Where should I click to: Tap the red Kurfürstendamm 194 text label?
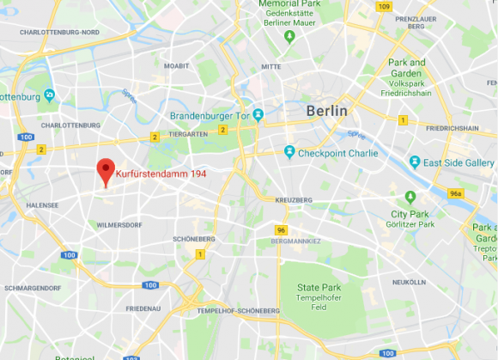click(161, 173)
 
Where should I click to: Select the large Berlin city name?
click(327, 111)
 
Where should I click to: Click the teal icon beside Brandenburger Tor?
click(258, 114)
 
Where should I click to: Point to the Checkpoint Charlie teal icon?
click(290, 152)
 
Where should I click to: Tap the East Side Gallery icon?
click(416, 162)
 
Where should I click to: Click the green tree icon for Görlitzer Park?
click(410, 197)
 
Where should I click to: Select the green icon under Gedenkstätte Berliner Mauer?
click(290, 36)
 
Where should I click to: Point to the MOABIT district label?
click(176, 65)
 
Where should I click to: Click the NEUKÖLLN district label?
click(409, 282)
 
